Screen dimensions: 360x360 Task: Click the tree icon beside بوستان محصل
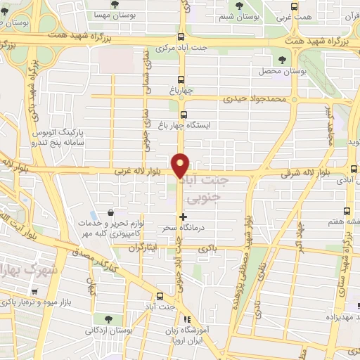pyautogui.click(x=283, y=60)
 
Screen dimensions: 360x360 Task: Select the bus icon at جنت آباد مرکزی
pyautogui.click(x=181, y=37)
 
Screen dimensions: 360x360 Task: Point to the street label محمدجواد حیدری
pyautogui.click(x=255, y=99)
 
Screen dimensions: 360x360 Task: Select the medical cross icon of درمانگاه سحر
pyautogui.click(x=184, y=217)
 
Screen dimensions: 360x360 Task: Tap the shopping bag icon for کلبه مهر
pyautogui.click(x=110, y=213)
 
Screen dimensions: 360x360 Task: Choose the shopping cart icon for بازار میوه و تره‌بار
pyautogui.click(x=34, y=291)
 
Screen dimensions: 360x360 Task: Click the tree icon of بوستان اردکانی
pyautogui.click(x=106, y=319)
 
